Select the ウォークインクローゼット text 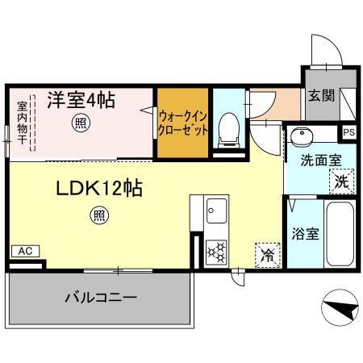(x=181, y=123)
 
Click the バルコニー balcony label (x=100, y=298)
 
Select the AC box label (x=25, y=252)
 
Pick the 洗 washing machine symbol (x=341, y=182)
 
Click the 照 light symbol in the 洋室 (x=80, y=123)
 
